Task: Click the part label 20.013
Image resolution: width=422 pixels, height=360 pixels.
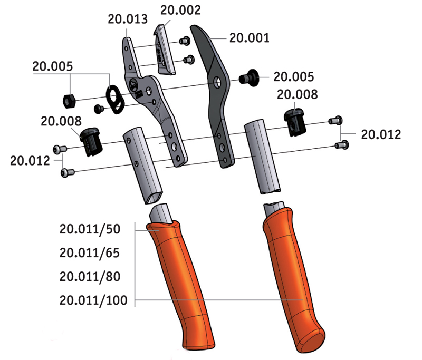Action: (128, 19)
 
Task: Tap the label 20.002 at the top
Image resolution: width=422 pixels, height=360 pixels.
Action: (180, 10)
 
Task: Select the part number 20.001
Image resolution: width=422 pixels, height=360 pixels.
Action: (249, 38)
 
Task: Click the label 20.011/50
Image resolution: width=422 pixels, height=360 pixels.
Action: (90, 229)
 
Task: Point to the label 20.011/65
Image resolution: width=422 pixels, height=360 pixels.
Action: (90, 253)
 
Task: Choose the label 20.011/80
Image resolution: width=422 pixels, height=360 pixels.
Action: (90, 277)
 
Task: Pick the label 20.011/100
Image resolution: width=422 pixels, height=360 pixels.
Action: (93, 300)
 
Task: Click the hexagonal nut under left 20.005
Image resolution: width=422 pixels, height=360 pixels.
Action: (69, 101)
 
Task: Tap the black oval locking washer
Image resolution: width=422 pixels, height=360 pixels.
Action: (115, 99)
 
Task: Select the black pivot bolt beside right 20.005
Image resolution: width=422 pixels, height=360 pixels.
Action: (249, 77)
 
